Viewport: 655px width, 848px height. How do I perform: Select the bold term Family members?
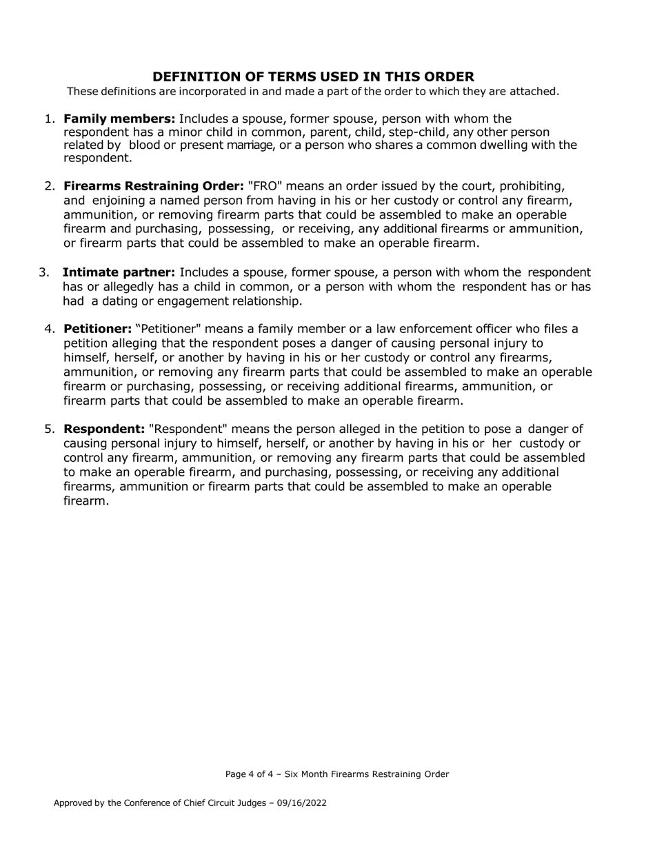[119, 119]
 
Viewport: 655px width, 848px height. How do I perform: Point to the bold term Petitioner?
[97, 328]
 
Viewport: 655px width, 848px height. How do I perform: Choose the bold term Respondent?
[104, 429]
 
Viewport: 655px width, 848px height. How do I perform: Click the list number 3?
[44, 272]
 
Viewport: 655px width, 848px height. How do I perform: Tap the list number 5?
[50, 429]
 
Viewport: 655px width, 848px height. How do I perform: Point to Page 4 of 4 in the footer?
[249, 774]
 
